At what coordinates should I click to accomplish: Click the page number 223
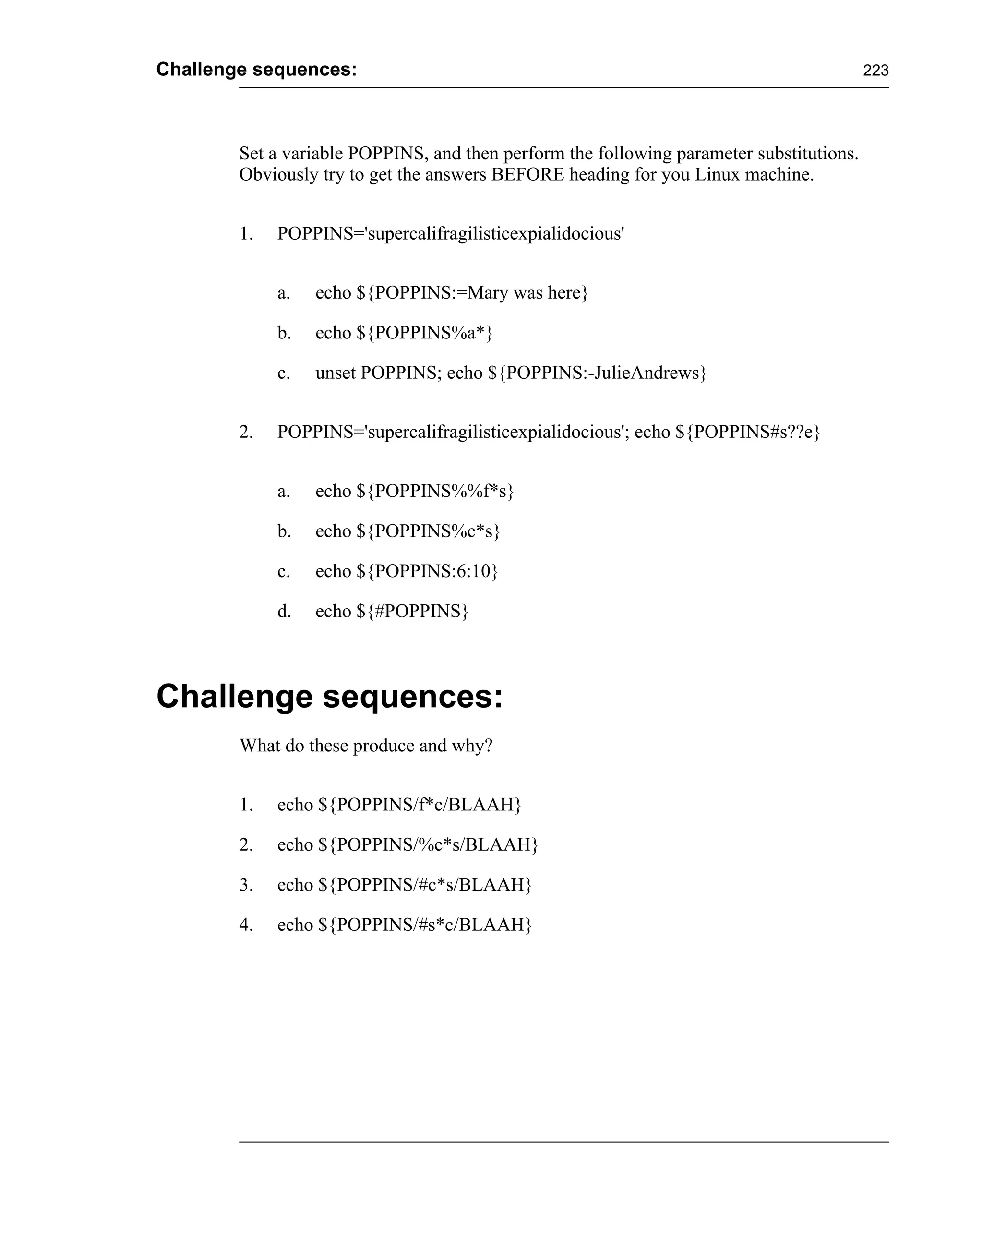point(875,71)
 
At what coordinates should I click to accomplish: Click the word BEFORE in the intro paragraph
point(527,174)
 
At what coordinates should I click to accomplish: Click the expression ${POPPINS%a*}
point(425,333)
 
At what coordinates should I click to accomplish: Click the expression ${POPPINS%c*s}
point(428,531)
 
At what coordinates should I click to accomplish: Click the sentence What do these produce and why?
point(366,746)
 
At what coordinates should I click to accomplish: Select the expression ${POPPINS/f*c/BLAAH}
point(420,805)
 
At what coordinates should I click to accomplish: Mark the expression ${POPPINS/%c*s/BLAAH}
point(428,845)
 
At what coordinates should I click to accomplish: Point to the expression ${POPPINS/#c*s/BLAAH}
point(425,885)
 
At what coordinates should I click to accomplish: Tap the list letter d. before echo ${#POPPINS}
point(284,611)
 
